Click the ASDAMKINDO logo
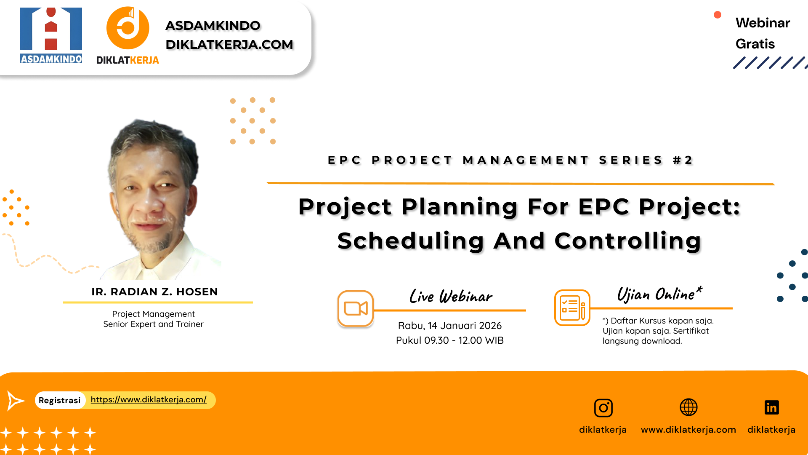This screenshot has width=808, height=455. click(x=51, y=35)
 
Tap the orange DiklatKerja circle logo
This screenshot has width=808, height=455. click(x=128, y=28)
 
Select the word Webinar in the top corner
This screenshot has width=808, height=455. click(x=763, y=23)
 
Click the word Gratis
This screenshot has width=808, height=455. click(x=755, y=44)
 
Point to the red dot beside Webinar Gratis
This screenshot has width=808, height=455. click(x=718, y=15)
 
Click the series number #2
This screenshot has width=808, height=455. click(x=683, y=160)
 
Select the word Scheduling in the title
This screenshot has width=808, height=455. click(x=410, y=241)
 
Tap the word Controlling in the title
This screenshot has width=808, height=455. click(x=627, y=241)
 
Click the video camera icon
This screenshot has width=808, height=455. click(x=356, y=308)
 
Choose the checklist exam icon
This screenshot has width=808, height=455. click(x=572, y=308)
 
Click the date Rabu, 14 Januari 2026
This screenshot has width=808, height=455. click(x=449, y=326)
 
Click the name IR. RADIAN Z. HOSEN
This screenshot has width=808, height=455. click(x=154, y=292)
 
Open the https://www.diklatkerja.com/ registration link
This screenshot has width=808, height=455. click(x=149, y=399)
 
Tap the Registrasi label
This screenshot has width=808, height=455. click(x=59, y=400)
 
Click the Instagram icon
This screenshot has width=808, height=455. click(x=603, y=408)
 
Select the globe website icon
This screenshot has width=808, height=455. click(x=688, y=407)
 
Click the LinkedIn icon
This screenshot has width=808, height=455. click(x=771, y=407)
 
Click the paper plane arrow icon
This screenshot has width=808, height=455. click(x=16, y=400)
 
